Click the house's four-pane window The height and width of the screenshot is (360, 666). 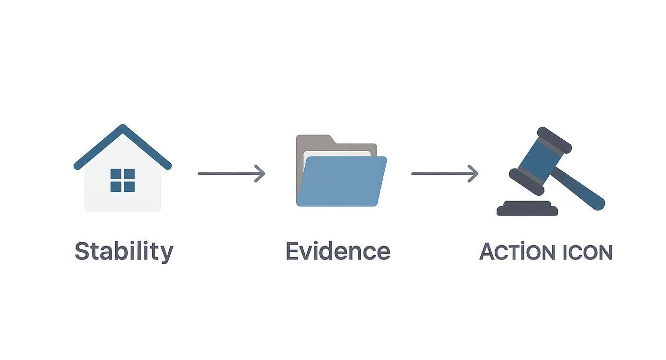122,180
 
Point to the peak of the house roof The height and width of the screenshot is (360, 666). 123,128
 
